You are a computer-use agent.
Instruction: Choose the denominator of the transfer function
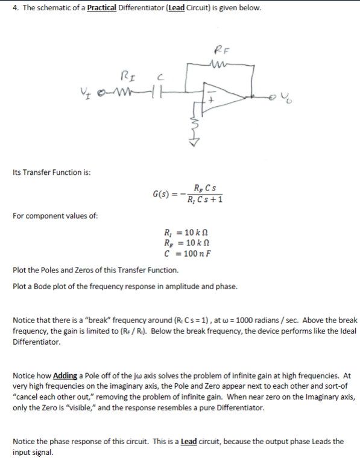click(205, 200)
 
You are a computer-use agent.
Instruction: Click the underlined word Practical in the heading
click(102, 9)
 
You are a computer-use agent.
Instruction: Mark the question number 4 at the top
click(15, 9)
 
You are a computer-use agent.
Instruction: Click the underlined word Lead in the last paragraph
click(189, 441)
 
